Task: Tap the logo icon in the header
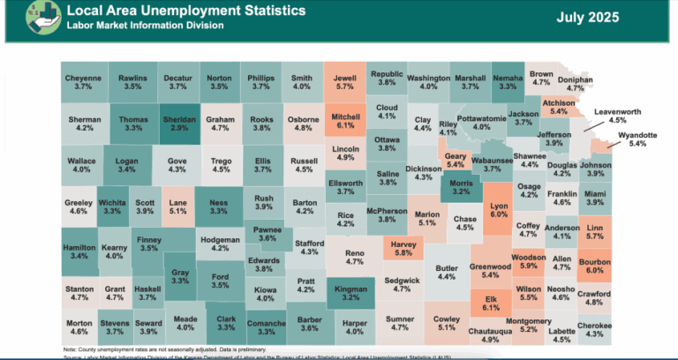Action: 23,19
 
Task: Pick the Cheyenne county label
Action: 84,82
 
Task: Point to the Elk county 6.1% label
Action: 491,303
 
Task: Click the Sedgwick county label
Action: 403,285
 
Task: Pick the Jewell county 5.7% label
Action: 344,82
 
